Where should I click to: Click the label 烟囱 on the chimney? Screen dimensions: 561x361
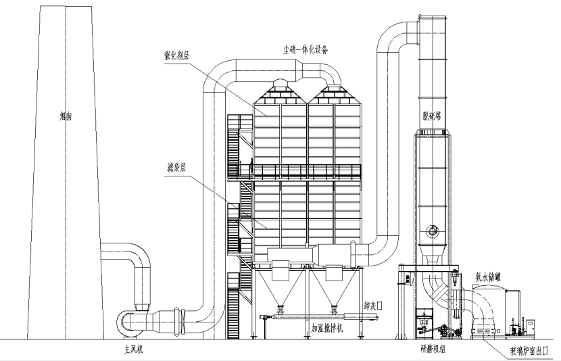66,116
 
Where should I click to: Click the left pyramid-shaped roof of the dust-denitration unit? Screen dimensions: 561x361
279,90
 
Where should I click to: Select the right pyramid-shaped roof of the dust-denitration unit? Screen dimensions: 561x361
333,90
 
